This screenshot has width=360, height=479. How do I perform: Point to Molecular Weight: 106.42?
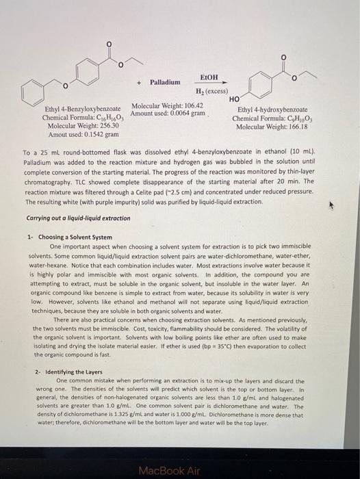pos(167,105)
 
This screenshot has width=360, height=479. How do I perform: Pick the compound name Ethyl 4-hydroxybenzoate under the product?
pos(272,109)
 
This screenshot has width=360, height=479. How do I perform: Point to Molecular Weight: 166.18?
pos(272,127)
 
